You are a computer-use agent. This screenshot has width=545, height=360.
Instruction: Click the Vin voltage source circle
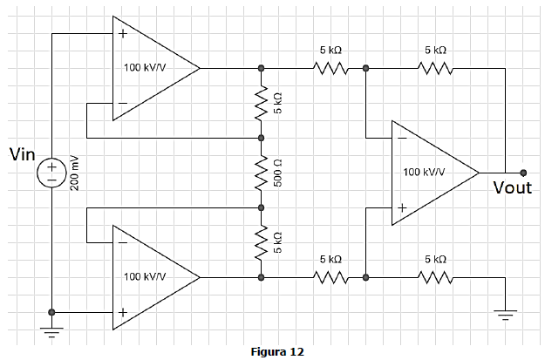coord(51,173)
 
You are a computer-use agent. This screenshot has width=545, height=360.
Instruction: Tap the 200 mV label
coord(75,173)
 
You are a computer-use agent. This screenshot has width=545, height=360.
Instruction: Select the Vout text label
coord(513,187)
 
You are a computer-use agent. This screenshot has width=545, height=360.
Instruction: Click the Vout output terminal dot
coord(523,173)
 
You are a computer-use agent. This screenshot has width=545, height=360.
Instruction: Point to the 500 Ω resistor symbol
coord(262,173)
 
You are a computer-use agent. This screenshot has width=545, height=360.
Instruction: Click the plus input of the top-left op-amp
coord(123,34)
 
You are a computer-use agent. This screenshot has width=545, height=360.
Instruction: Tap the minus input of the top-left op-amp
coord(123,103)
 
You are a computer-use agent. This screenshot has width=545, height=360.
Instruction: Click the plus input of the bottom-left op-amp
coord(123,312)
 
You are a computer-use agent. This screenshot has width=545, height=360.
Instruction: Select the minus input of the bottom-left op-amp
coord(123,242)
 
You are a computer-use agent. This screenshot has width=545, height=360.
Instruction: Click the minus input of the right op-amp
coord(402,138)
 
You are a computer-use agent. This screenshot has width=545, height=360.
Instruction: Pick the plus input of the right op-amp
coord(402,207)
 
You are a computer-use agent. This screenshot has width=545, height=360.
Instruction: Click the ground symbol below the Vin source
coord(51,332)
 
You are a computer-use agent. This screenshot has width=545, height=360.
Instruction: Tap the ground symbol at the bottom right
coord(506,315)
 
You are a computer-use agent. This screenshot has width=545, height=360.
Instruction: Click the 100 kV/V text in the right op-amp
coord(424,172)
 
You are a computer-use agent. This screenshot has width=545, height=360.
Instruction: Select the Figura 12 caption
coord(277,351)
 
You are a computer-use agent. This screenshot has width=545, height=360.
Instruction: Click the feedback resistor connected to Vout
coord(435,69)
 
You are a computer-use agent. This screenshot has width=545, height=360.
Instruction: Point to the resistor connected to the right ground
coord(435,278)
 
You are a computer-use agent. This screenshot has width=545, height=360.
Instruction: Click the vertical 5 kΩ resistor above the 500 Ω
coord(262,103)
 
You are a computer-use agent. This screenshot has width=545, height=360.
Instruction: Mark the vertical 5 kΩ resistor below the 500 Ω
coord(262,242)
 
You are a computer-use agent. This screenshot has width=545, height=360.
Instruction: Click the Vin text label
coord(23,154)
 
